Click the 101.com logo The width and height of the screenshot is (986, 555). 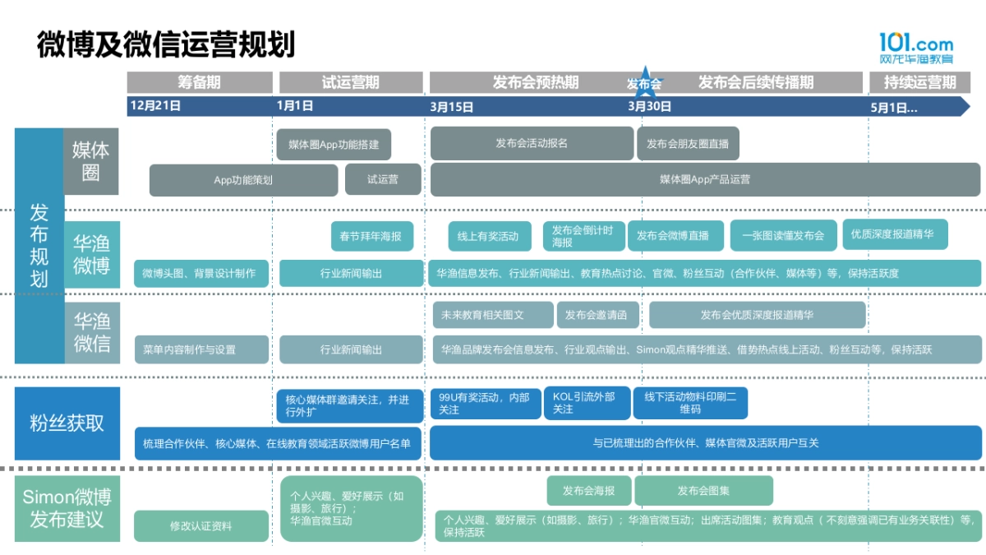tap(916, 49)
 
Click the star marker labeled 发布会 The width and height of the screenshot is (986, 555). tap(644, 82)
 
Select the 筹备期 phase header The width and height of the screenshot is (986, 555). tap(200, 82)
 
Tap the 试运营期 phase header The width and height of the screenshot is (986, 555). tap(351, 82)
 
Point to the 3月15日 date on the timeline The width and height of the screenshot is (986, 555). tap(452, 106)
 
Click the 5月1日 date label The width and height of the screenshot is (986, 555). tap(893, 107)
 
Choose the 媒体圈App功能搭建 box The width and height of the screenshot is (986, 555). tap(334, 144)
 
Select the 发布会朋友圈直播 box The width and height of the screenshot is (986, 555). tap(688, 143)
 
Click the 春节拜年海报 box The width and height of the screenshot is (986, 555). tap(371, 236)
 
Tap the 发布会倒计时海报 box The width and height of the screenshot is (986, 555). tap(583, 236)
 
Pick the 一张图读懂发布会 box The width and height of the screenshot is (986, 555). tap(783, 235)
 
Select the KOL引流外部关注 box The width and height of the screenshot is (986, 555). tap(587, 403)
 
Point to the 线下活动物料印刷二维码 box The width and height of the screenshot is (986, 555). tap(690, 403)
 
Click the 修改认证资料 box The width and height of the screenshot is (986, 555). tap(201, 526)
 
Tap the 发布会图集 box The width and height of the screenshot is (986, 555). tap(703, 491)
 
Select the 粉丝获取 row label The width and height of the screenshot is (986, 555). tap(67, 423)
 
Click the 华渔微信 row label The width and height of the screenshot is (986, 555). tap(92, 332)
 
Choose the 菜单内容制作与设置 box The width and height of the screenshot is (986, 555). tap(201, 349)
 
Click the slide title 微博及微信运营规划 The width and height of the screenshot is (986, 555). tap(165, 44)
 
